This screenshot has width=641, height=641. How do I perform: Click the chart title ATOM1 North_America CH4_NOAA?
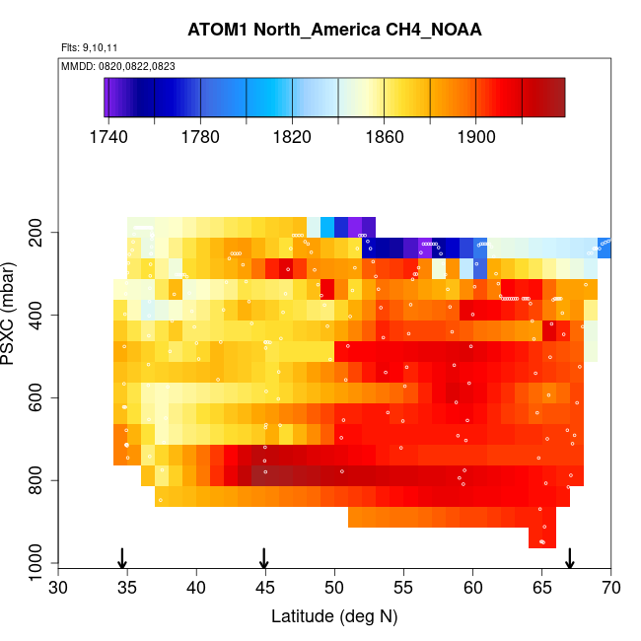pos(334,30)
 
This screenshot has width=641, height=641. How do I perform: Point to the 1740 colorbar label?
pos(108,137)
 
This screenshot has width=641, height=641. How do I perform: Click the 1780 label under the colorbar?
pos(200,137)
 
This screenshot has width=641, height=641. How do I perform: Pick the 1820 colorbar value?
pos(293,137)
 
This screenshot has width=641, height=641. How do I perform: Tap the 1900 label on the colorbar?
pos(476,137)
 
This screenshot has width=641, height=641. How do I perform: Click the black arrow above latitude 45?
pos(264,558)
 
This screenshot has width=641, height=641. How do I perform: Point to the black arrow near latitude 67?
pos(569,558)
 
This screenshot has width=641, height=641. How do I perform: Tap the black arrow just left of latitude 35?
pos(122,558)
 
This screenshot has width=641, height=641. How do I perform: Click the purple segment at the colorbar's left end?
pos(111,98)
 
